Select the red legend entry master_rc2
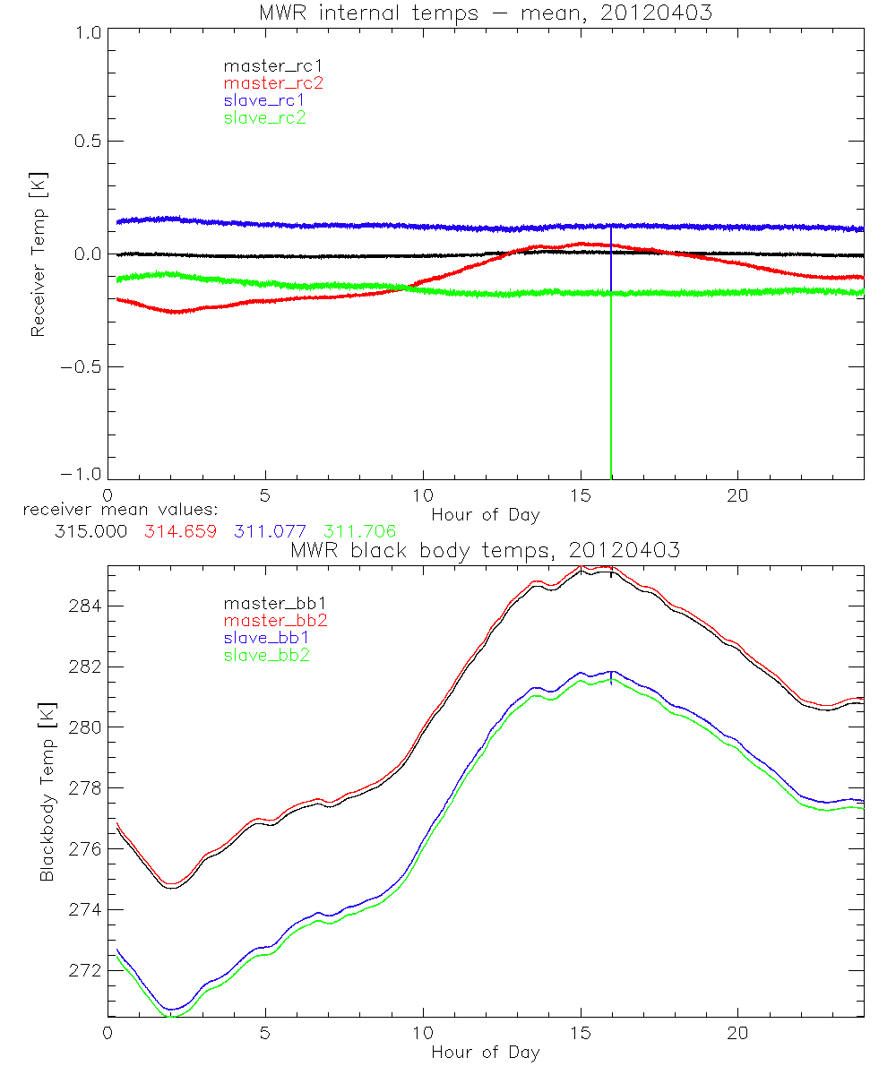tap(272, 82)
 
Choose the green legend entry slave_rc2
tap(264, 116)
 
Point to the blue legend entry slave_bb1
tap(264, 639)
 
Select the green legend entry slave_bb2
tap(264, 656)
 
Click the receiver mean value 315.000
tap(90, 531)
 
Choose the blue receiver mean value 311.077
tap(270, 531)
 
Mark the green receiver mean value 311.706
tap(359, 531)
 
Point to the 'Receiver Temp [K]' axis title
tap(38, 254)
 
